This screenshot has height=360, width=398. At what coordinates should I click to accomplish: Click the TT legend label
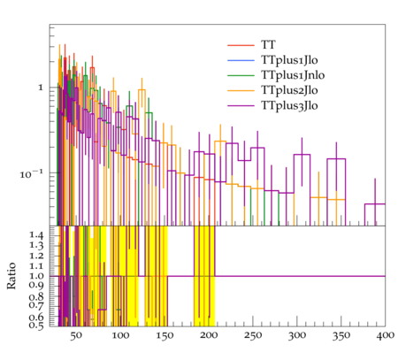pyautogui.click(x=268, y=45)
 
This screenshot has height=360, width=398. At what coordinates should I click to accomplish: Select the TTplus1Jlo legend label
pyautogui.click(x=289, y=60)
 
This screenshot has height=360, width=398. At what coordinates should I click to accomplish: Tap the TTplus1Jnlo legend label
pyautogui.click(x=293, y=75)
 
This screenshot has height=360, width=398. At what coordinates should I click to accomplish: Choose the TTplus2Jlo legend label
pyautogui.click(x=289, y=90)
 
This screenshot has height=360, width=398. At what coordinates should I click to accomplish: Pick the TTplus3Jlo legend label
pyautogui.click(x=289, y=106)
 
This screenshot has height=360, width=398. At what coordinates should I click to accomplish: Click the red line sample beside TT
pyautogui.click(x=241, y=45)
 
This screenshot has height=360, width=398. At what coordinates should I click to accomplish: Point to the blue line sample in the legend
pyautogui.click(x=241, y=60)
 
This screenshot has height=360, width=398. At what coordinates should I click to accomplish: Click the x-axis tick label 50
pyautogui.click(x=76, y=336)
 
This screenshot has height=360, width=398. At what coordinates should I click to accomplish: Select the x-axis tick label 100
pyautogui.click(x=120, y=336)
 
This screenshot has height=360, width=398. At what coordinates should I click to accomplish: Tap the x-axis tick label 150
pyautogui.click(x=165, y=336)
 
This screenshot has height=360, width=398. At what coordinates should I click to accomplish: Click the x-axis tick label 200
pyautogui.click(x=209, y=336)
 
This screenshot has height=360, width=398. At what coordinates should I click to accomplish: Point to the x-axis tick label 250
pyautogui.click(x=253, y=336)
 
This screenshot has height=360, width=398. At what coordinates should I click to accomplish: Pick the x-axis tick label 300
pyautogui.click(x=297, y=336)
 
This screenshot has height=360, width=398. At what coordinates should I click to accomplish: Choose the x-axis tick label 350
pyautogui.click(x=341, y=336)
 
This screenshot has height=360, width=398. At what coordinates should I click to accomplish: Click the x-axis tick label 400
pyautogui.click(x=386, y=336)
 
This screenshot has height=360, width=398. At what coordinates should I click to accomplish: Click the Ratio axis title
pyautogui.click(x=11, y=276)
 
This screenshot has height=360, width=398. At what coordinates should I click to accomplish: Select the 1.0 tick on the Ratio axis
pyautogui.click(x=36, y=276)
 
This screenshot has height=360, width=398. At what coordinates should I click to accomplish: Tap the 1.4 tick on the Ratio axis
pyautogui.click(x=36, y=235)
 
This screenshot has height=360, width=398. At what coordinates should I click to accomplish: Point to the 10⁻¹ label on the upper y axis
pyautogui.click(x=31, y=174)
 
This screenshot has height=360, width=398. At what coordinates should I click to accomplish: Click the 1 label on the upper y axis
pyautogui.click(x=41, y=88)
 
